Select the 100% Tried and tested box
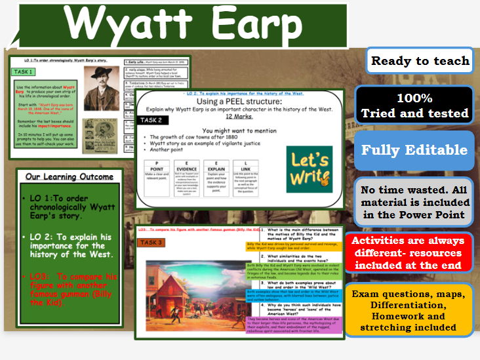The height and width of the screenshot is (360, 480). [414, 106]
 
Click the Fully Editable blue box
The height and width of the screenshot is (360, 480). [414, 150]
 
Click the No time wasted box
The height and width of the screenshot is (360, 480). [414, 202]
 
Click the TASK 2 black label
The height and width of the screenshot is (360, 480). [153, 120]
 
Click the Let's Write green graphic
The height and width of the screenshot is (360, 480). [309, 170]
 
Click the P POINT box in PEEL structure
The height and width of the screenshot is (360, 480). [160, 178]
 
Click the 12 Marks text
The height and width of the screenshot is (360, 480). [240, 117]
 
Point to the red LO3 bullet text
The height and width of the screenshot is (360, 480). [66, 289]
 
